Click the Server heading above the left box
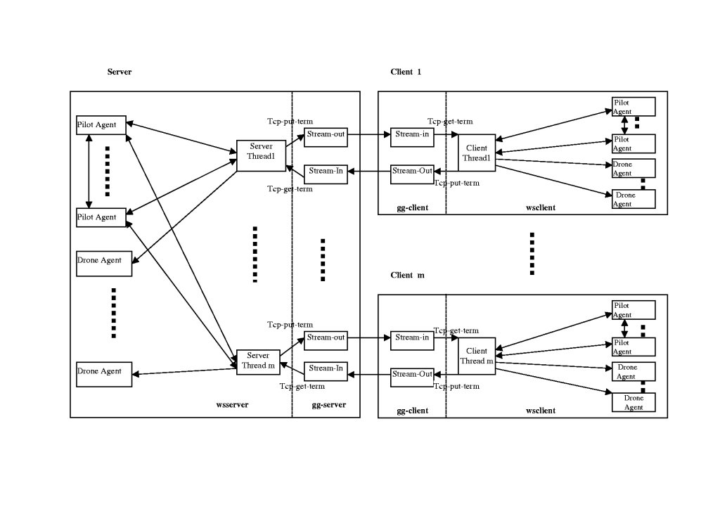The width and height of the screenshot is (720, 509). coord(120,72)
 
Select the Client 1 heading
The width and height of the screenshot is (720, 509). coord(406,72)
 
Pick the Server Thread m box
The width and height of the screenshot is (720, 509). coord(257,360)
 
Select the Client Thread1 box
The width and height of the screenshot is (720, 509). coord(476,153)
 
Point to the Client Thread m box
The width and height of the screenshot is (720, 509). coord(476,356)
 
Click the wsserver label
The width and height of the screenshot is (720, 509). coord(232,405)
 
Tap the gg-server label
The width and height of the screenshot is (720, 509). coord(328,405)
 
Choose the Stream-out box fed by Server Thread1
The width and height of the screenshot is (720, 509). coord(326,136)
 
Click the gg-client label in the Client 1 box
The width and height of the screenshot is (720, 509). coord(412,208)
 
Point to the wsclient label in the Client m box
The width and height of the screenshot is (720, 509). coord(541,411)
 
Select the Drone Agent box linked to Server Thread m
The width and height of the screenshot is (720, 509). coord(104,374)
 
